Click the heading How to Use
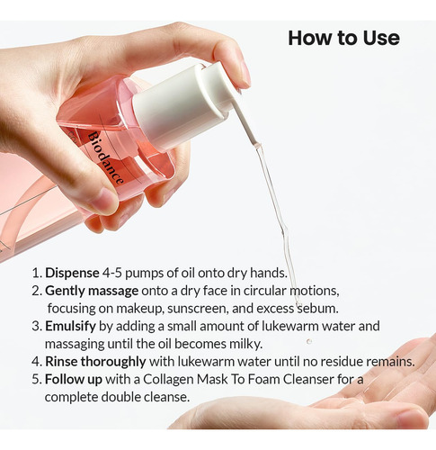pyautogui.click(x=343, y=38)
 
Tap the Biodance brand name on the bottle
pyautogui.click(x=105, y=158)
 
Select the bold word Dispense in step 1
pyautogui.click(x=72, y=274)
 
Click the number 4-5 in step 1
pyautogui.click(x=111, y=273)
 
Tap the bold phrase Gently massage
pyautogui.click(x=92, y=291)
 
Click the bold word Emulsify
pyautogui.click(x=70, y=327)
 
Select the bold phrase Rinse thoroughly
pyautogui.click(x=95, y=362)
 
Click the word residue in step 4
pyautogui.click(x=341, y=362)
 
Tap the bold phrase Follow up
pyautogui.click(x=74, y=380)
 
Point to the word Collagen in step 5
pyautogui.click(x=168, y=380)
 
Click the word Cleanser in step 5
pyautogui.click(x=308, y=380)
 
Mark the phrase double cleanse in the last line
pyautogui.click(x=145, y=397)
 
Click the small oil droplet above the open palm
pyautogui.click(x=309, y=341)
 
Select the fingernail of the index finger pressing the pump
pyautogui.click(x=245, y=74)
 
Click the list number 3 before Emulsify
pyautogui.click(x=36, y=327)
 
